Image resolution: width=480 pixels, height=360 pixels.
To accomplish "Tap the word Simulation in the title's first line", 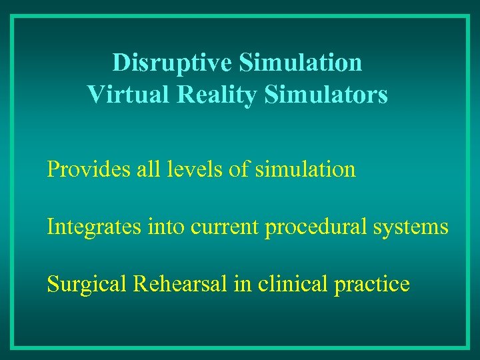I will [x=300, y=63].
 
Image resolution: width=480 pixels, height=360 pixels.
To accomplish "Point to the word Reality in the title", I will [x=217, y=95].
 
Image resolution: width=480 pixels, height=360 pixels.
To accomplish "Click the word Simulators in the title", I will [x=326, y=95].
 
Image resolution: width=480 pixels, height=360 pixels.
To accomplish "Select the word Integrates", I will [x=94, y=227].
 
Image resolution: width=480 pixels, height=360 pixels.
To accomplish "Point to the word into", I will [x=165, y=227].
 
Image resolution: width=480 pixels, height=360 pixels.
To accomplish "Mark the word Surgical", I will [x=87, y=285].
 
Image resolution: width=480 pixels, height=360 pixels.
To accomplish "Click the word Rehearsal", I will [x=181, y=285].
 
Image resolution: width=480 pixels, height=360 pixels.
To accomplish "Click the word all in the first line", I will [x=150, y=169].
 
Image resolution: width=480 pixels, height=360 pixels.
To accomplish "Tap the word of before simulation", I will [x=239, y=169].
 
